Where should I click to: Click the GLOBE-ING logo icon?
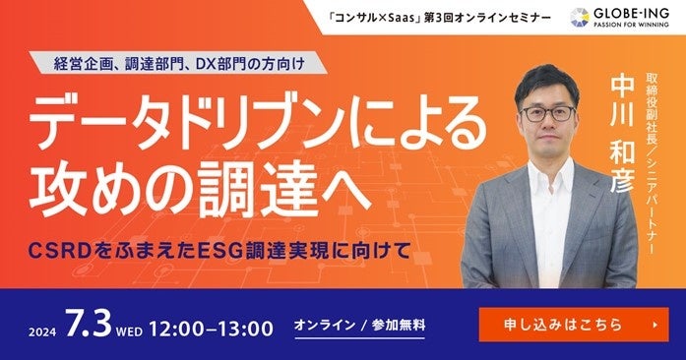(580, 18)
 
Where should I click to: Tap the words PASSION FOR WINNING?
(631, 25)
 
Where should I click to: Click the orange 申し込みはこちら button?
(574, 325)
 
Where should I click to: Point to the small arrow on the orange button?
(655, 325)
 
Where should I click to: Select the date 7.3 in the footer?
(89, 324)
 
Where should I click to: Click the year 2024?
(42, 332)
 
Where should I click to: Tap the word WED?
(129, 332)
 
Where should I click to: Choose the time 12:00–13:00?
(212, 329)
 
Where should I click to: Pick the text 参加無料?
(399, 325)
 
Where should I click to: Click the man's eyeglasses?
(548, 113)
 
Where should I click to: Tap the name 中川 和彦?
(622, 134)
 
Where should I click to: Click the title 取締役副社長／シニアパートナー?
(652, 164)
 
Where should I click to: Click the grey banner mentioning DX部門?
(179, 63)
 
